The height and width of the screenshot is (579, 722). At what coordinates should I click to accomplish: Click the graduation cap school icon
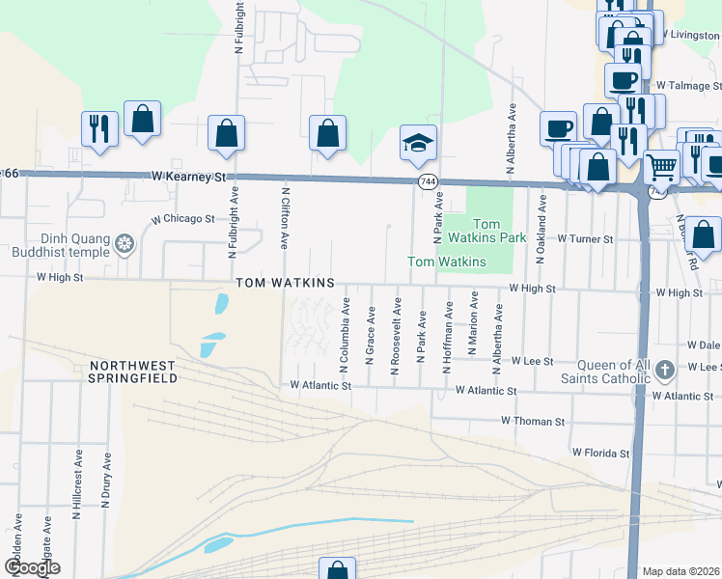click(418, 144)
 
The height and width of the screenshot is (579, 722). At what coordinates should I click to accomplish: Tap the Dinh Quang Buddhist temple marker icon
click(124, 243)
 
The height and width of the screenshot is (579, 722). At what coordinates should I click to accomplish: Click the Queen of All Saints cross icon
click(664, 370)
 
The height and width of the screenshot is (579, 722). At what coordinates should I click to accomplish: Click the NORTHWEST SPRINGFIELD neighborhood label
click(133, 372)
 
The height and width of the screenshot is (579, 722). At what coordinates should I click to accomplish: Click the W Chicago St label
click(181, 219)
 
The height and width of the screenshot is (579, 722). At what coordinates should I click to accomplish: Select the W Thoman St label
click(532, 422)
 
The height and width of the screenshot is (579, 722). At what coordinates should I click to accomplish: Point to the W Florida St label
click(600, 452)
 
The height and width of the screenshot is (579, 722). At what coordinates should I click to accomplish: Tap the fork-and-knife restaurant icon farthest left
click(100, 127)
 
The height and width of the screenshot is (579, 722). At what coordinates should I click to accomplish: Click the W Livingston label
click(689, 36)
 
